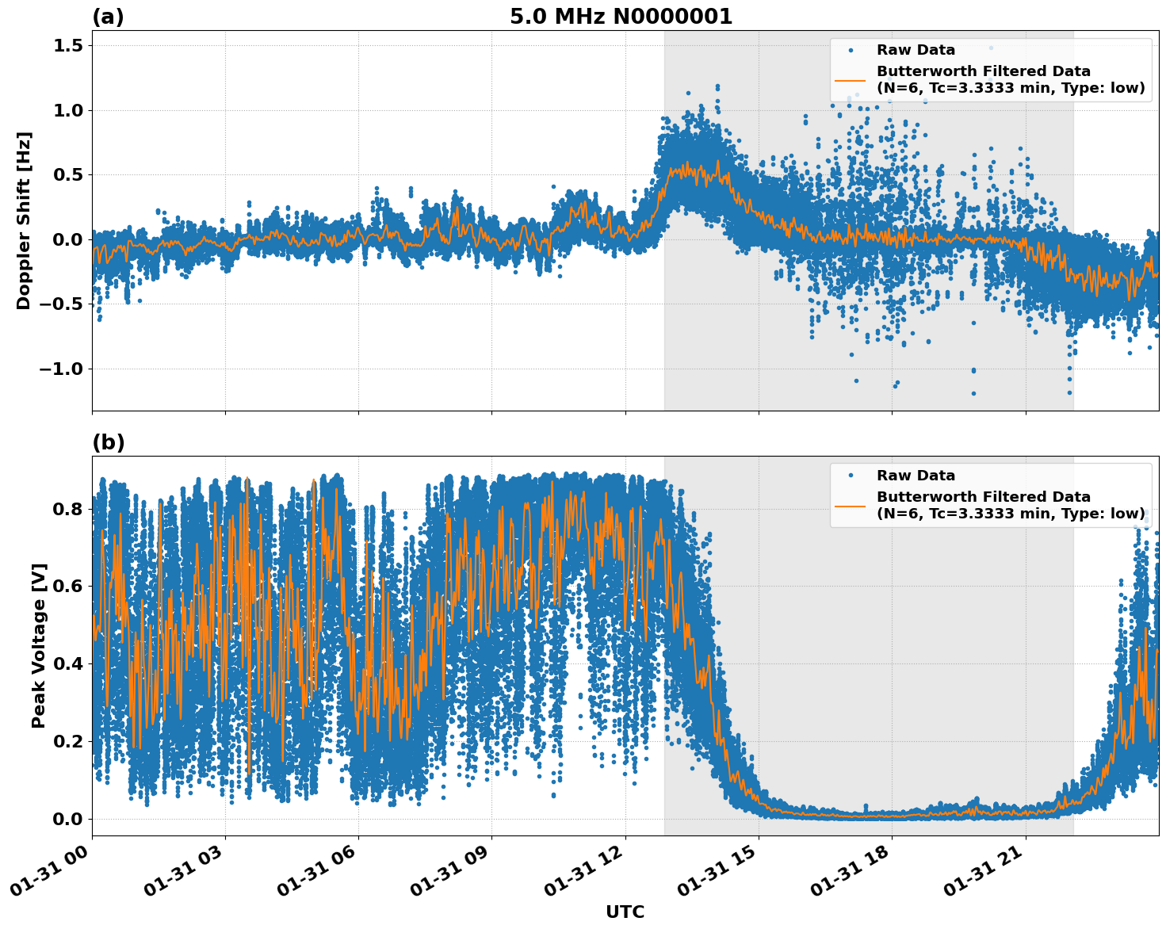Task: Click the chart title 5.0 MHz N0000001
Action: (621, 17)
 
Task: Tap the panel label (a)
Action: (108, 17)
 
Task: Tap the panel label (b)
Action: (108, 442)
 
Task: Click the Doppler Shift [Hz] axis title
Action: (24, 220)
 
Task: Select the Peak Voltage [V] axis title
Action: (39, 645)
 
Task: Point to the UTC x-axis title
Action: (625, 912)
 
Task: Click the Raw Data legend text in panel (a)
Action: (916, 50)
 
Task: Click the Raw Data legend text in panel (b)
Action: (916, 476)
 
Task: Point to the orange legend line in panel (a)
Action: (851, 79)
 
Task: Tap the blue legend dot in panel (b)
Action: (851, 476)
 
